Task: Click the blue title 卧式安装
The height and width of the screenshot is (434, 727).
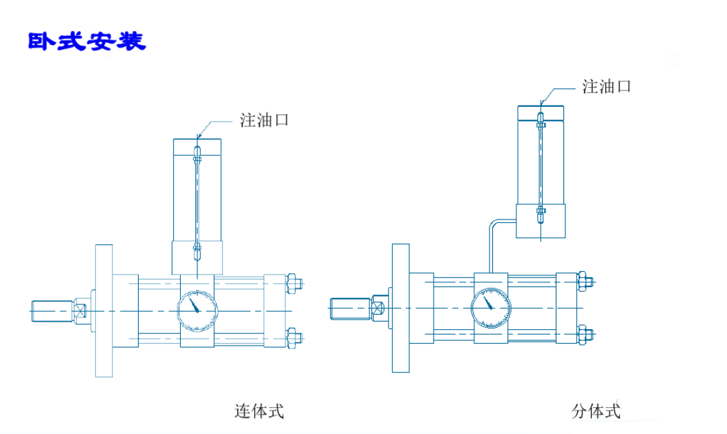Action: [87, 41]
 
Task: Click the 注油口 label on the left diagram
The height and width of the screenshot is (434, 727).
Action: [264, 120]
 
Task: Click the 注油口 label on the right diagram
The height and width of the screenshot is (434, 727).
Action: [606, 87]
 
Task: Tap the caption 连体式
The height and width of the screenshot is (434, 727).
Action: [260, 412]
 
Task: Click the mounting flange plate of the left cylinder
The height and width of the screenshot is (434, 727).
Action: [104, 310]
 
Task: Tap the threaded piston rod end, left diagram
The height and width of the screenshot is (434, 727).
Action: [52, 310]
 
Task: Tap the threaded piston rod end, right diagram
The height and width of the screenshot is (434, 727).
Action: [349, 308]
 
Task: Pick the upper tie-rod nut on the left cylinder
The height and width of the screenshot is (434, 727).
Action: [293, 282]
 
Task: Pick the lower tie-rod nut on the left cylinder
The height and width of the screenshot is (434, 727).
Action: [293, 338]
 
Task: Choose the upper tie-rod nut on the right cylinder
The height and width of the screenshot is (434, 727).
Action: [585, 280]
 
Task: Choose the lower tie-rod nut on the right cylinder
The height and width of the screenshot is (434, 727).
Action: [585, 335]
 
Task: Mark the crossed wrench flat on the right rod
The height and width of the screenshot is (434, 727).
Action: [378, 308]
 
